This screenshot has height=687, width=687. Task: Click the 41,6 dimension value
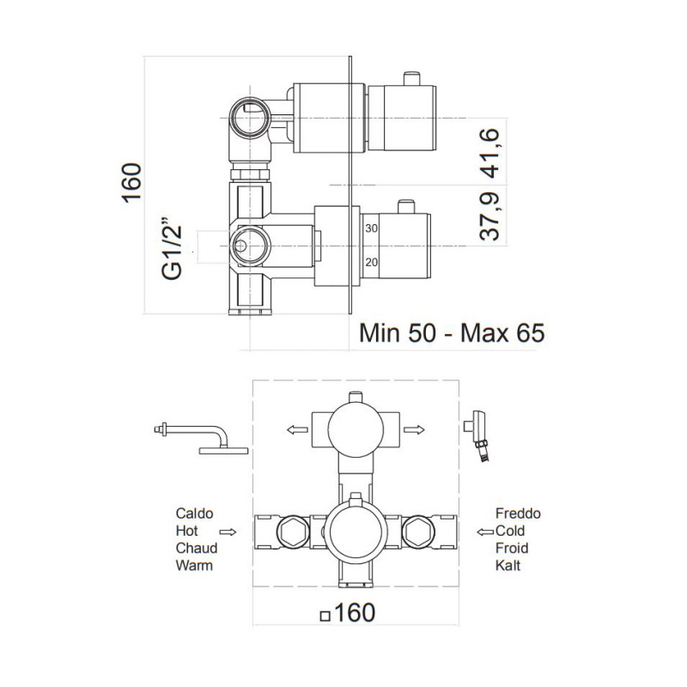pyautogui.click(x=489, y=153)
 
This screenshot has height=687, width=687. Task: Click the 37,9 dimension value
pyautogui.click(x=489, y=216)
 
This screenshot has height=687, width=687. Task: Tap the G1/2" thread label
pyautogui.click(x=172, y=247)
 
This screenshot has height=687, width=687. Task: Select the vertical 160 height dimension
pyautogui.click(x=131, y=183)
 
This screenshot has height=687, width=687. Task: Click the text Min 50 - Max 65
pyautogui.click(x=453, y=333)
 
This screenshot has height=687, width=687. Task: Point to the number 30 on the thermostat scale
pyautogui.click(x=372, y=228)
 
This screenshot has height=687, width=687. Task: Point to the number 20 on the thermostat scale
pyautogui.click(x=372, y=263)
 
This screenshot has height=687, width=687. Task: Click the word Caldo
pyautogui.click(x=195, y=514)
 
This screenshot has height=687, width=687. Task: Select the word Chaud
pyautogui.click(x=197, y=548)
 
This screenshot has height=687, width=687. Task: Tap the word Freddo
pyautogui.click(x=518, y=514)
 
